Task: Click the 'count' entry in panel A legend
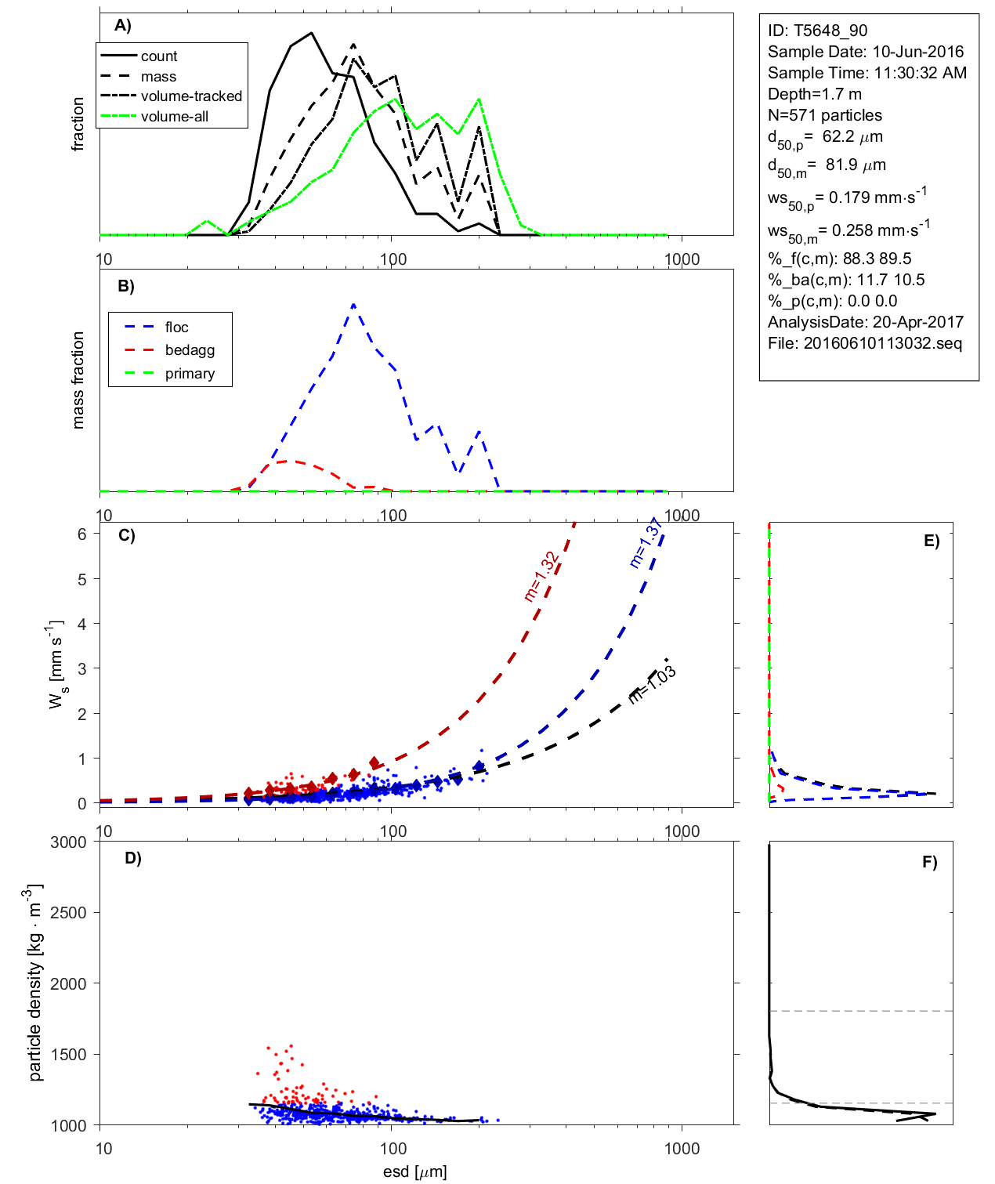(x=159, y=56)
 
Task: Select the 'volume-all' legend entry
(x=175, y=117)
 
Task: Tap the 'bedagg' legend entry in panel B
(x=190, y=350)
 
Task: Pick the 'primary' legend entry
(x=190, y=374)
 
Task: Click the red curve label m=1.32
(x=541, y=577)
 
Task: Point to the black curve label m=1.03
(x=653, y=685)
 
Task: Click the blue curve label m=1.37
(x=646, y=542)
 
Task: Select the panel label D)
(x=133, y=858)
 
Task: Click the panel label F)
(x=929, y=862)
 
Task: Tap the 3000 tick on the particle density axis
(x=69, y=842)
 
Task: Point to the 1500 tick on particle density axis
(x=69, y=1055)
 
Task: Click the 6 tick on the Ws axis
(x=81, y=534)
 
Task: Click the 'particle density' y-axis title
(x=35, y=983)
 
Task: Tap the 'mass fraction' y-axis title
(x=78, y=380)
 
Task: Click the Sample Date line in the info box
(x=866, y=52)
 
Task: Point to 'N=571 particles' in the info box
(x=825, y=115)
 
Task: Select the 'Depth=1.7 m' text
(x=815, y=94)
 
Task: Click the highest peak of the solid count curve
(x=312, y=33)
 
